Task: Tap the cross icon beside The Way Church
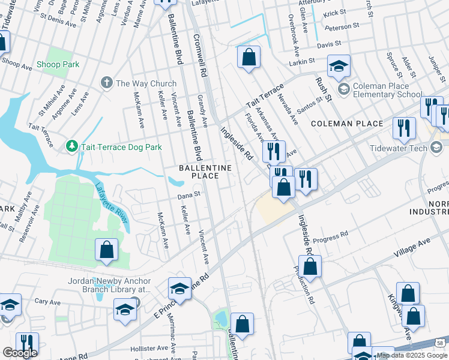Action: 107,83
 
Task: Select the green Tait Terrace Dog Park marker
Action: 71,146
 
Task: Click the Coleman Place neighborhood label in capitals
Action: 346,124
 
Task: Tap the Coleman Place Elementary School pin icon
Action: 344,89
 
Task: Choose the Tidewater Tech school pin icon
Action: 436,148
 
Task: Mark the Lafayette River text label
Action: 111,203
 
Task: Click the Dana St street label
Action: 188,194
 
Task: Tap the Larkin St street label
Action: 302,61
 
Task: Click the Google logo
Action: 20,353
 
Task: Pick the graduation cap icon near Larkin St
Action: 339,67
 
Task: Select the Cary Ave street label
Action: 49,301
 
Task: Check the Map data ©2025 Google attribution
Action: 412,355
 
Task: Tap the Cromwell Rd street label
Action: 200,54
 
